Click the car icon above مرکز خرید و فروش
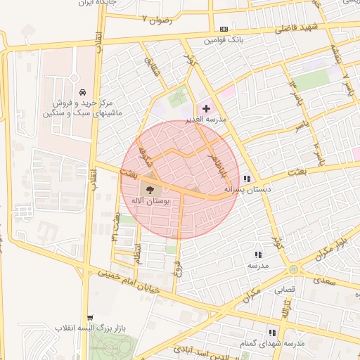click(x=83, y=92)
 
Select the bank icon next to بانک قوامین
click(x=224, y=29)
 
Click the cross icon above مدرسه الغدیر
click(x=206, y=108)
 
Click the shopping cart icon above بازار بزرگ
click(x=89, y=317)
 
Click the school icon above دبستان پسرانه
click(x=247, y=179)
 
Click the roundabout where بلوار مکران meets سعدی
click(x=292, y=269)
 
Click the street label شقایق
click(x=151, y=68)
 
